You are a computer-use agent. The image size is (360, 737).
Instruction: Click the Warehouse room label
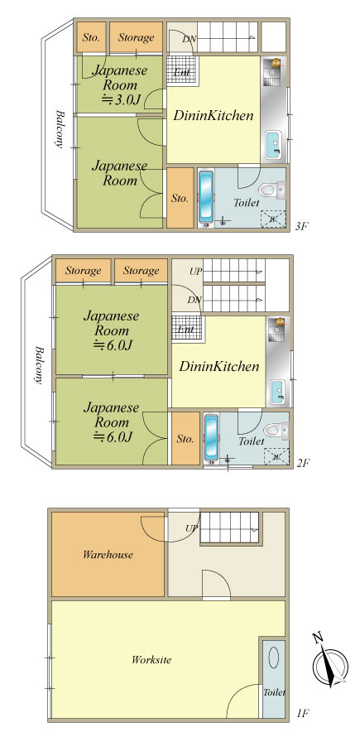pos(108,555)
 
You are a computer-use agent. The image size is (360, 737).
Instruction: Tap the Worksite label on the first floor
pos(151,659)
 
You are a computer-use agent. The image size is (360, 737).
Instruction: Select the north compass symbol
pos(329,662)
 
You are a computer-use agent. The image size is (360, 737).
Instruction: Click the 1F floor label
pos(303,714)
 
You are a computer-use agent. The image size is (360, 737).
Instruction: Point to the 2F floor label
pos(303,463)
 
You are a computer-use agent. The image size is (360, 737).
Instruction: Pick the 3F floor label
pos(302,226)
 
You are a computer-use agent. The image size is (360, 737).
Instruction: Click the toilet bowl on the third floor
pos(267,190)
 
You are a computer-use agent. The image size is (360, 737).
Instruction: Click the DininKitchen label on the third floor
pos(214,115)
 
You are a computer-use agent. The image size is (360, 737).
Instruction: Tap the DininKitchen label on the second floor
pos(219,366)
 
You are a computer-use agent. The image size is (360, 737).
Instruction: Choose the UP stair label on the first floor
pos(191,528)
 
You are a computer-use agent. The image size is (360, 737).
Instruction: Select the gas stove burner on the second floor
pos(281,322)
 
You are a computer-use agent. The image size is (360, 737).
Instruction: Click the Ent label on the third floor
pos(181,72)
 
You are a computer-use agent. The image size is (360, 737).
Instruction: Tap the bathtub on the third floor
pos(206,196)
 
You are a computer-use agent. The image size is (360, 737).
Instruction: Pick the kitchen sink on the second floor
pos(277,392)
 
